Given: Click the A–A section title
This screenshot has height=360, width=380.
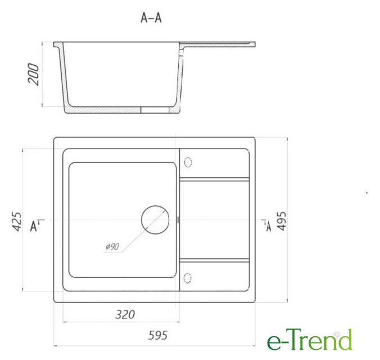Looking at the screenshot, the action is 151,17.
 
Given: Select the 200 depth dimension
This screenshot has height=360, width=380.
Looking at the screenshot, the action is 33,74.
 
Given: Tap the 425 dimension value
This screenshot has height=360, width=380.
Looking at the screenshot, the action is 17,222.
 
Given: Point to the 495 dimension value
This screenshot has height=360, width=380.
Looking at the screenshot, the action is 282,220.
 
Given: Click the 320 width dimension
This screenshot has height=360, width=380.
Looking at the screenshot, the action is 125,314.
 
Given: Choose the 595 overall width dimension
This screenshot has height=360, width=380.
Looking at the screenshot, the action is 158,335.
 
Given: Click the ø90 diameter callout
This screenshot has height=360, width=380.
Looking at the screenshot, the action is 112,246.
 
